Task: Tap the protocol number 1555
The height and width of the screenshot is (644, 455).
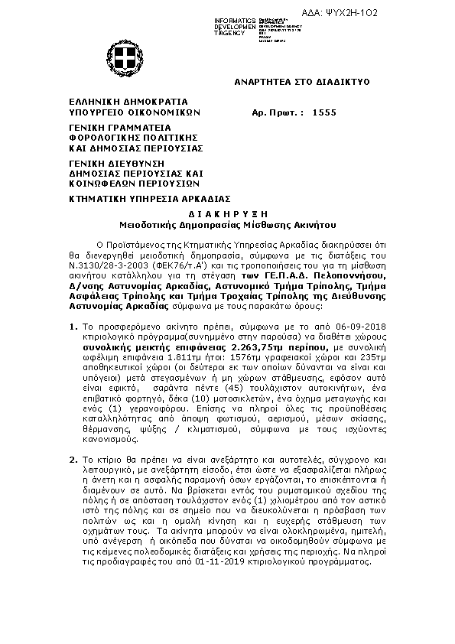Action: click(324, 112)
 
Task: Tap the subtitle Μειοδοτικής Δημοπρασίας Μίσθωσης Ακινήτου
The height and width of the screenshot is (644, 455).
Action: click(227, 226)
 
